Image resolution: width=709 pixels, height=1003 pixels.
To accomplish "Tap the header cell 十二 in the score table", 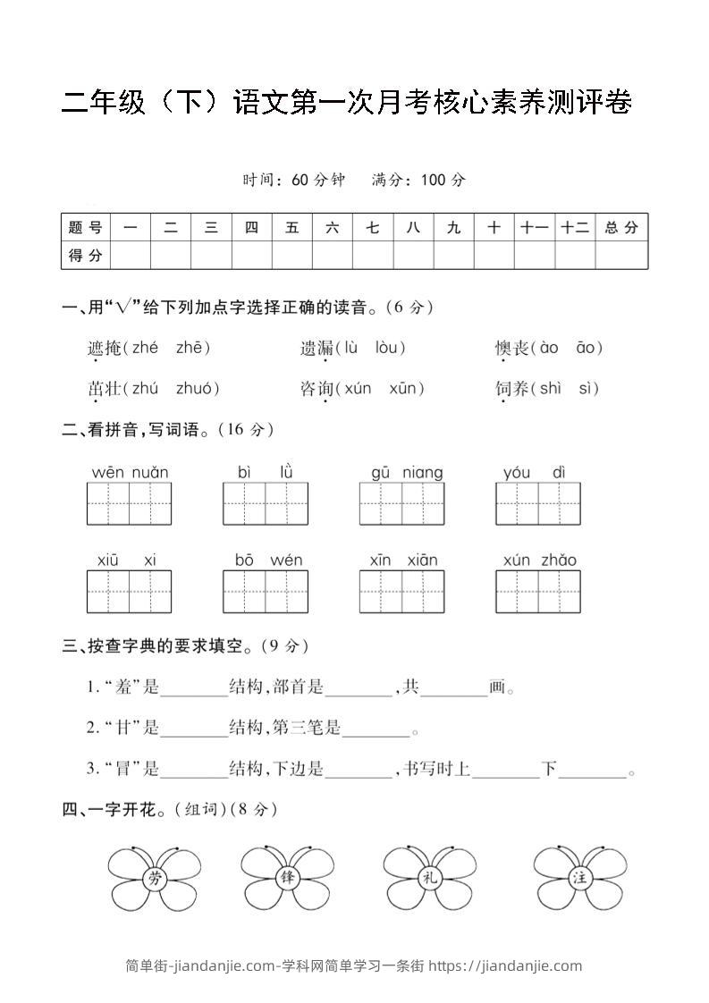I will point(575,228).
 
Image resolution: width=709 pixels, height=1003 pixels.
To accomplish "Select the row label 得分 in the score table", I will point(85,256).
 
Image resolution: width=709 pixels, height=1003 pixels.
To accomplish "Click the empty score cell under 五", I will point(292,256).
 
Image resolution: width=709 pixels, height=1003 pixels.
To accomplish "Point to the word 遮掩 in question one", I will point(104,348).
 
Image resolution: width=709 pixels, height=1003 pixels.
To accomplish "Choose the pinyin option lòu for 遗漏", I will point(389,348).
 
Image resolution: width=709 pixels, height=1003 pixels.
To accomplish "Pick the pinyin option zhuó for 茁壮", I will point(197,388).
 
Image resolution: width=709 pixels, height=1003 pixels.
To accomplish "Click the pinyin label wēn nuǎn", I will point(130,472).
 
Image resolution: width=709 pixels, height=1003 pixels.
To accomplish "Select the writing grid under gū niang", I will point(401,503).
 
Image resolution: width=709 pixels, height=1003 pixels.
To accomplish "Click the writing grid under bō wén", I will point(265,591).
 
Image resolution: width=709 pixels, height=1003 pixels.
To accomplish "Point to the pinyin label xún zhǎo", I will point(539,560).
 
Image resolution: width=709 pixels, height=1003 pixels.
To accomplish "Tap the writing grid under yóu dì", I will point(538,503).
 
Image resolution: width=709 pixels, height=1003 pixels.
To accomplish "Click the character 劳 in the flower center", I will point(156,879).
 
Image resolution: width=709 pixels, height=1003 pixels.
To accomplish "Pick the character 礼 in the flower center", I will point(430,879).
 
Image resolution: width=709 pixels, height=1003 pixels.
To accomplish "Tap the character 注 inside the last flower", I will point(578,879).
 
